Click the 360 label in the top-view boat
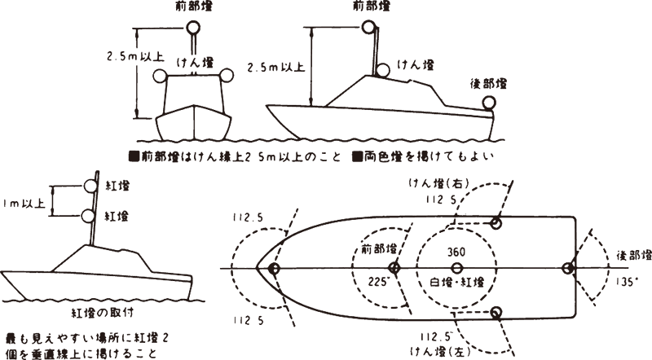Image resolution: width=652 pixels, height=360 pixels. (x=456, y=253)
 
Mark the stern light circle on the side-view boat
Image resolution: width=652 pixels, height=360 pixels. (x=489, y=103)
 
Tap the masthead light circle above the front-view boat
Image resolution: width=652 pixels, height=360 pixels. (x=193, y=27)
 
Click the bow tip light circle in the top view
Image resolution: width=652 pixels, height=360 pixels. (x=273, y=268)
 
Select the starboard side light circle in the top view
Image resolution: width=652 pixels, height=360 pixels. (x=496, y=222)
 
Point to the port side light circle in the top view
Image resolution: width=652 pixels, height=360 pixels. (x=496, y=313)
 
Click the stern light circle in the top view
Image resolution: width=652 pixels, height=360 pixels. (x=570, y=268)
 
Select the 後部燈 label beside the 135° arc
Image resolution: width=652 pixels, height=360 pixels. (x=632, y=256)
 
